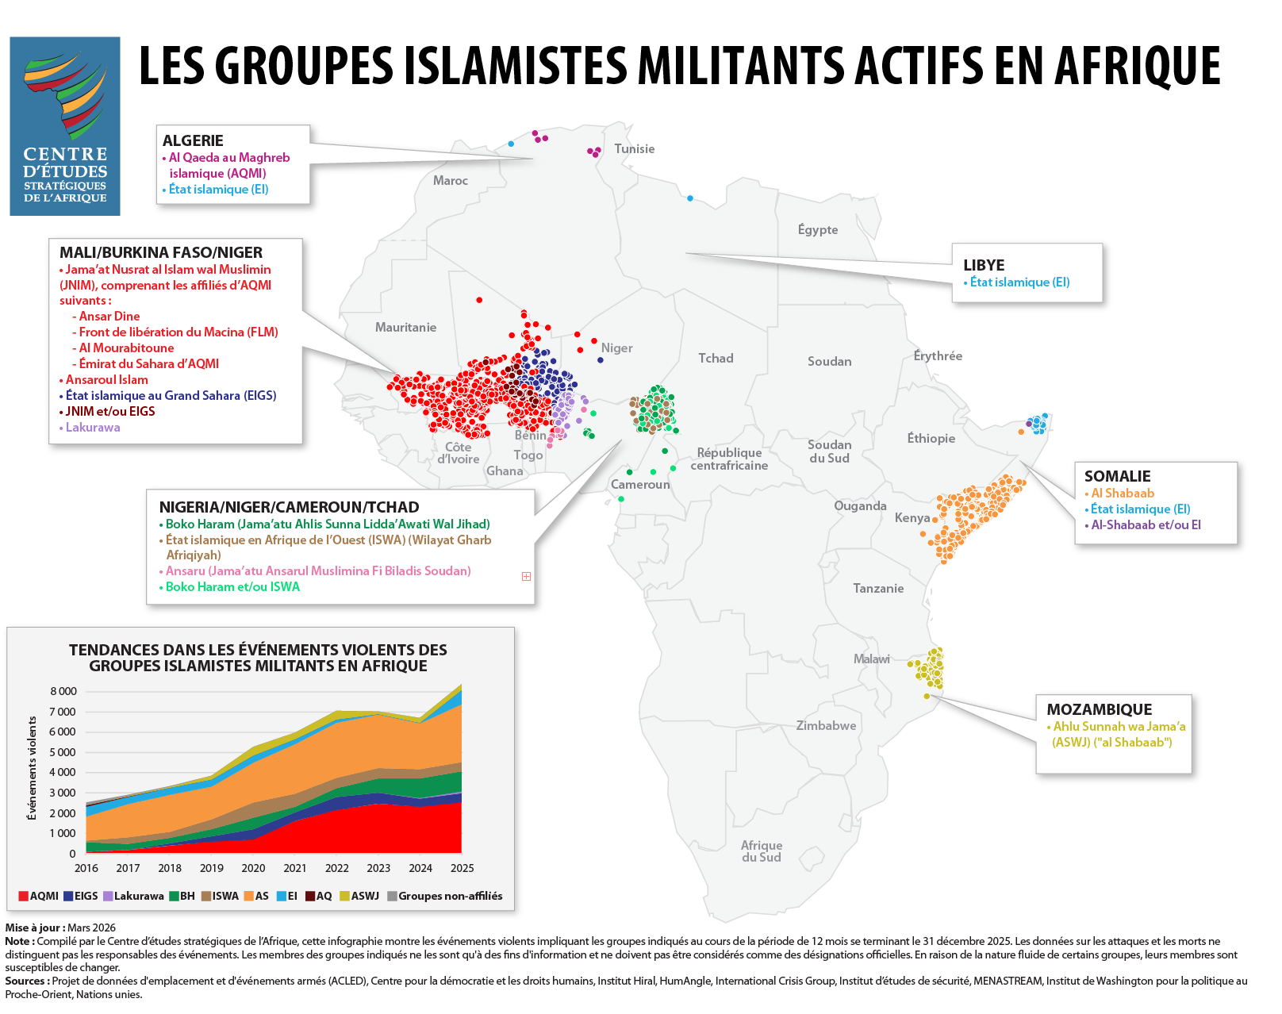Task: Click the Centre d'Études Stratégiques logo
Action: tap(65, 126)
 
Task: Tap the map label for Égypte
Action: tap(817, 230)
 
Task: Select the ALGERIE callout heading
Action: tap(193, 141)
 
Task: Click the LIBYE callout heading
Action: tap(984, 266)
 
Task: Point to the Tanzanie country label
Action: tap(877, 589)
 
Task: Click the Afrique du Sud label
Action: tap(761, 851)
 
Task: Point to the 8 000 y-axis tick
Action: tap(63, 691)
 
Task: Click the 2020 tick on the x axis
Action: tap(253, 868)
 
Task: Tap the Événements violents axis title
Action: tap(33, 768)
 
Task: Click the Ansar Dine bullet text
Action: tap(109, 317)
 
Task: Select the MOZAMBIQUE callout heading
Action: tap(1099, 710)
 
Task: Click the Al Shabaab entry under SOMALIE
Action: tap(1122, 494)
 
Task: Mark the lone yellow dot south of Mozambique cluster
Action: tap(927, 697)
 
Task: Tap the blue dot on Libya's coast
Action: tap(690, 198)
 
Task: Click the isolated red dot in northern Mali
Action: tap(479, 300)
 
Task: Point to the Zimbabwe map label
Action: tap(826, 726)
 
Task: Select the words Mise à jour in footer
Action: tap(33, 928)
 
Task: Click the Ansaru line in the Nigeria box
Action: tap(317, 571)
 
